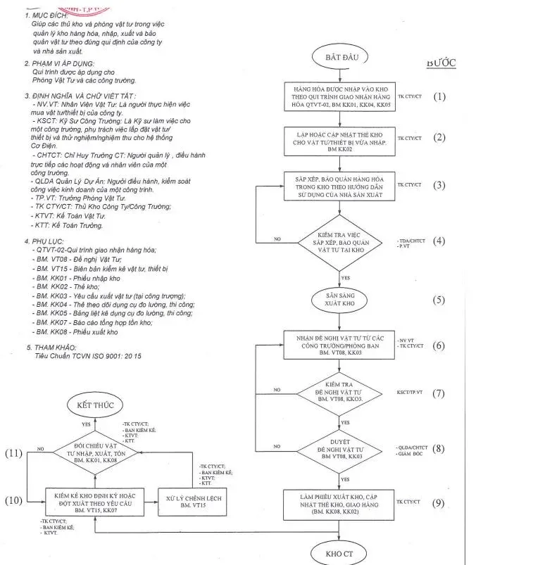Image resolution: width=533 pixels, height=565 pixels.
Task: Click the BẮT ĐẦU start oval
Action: [342, 56]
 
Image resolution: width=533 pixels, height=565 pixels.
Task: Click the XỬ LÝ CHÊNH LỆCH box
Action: [180, 501]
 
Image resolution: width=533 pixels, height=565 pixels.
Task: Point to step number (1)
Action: [439, 96]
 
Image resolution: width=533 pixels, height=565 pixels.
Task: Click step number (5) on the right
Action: [439, 300]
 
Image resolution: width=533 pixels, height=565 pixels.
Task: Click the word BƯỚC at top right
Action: [441, 63]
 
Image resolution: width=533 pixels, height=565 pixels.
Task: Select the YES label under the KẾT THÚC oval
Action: [86, 425]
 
